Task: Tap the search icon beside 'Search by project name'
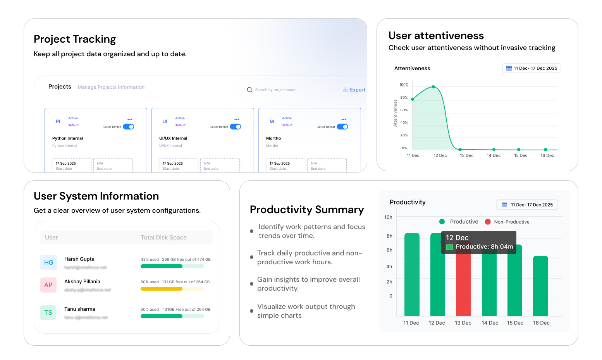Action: coord(249,90)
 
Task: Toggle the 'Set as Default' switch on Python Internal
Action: coord(129,127)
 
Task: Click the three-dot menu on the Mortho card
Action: coord(344,119)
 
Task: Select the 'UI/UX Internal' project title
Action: coord(173,138)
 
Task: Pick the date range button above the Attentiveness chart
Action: coord(531,68)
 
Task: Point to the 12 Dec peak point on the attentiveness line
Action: coord(433,87)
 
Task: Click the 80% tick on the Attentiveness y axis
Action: coord(404,98)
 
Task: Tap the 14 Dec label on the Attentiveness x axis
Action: coord(494,155)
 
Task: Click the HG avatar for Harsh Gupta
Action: coord(49,262)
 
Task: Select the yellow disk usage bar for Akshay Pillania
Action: coord(161,289)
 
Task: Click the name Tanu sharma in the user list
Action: coord(80,309)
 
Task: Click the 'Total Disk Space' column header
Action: coord(163,238)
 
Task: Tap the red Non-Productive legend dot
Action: coord(488,222)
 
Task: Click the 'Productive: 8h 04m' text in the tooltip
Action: coord(484,246)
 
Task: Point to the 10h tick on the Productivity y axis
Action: coord(388,217)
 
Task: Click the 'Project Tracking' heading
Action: coord(75,39)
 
